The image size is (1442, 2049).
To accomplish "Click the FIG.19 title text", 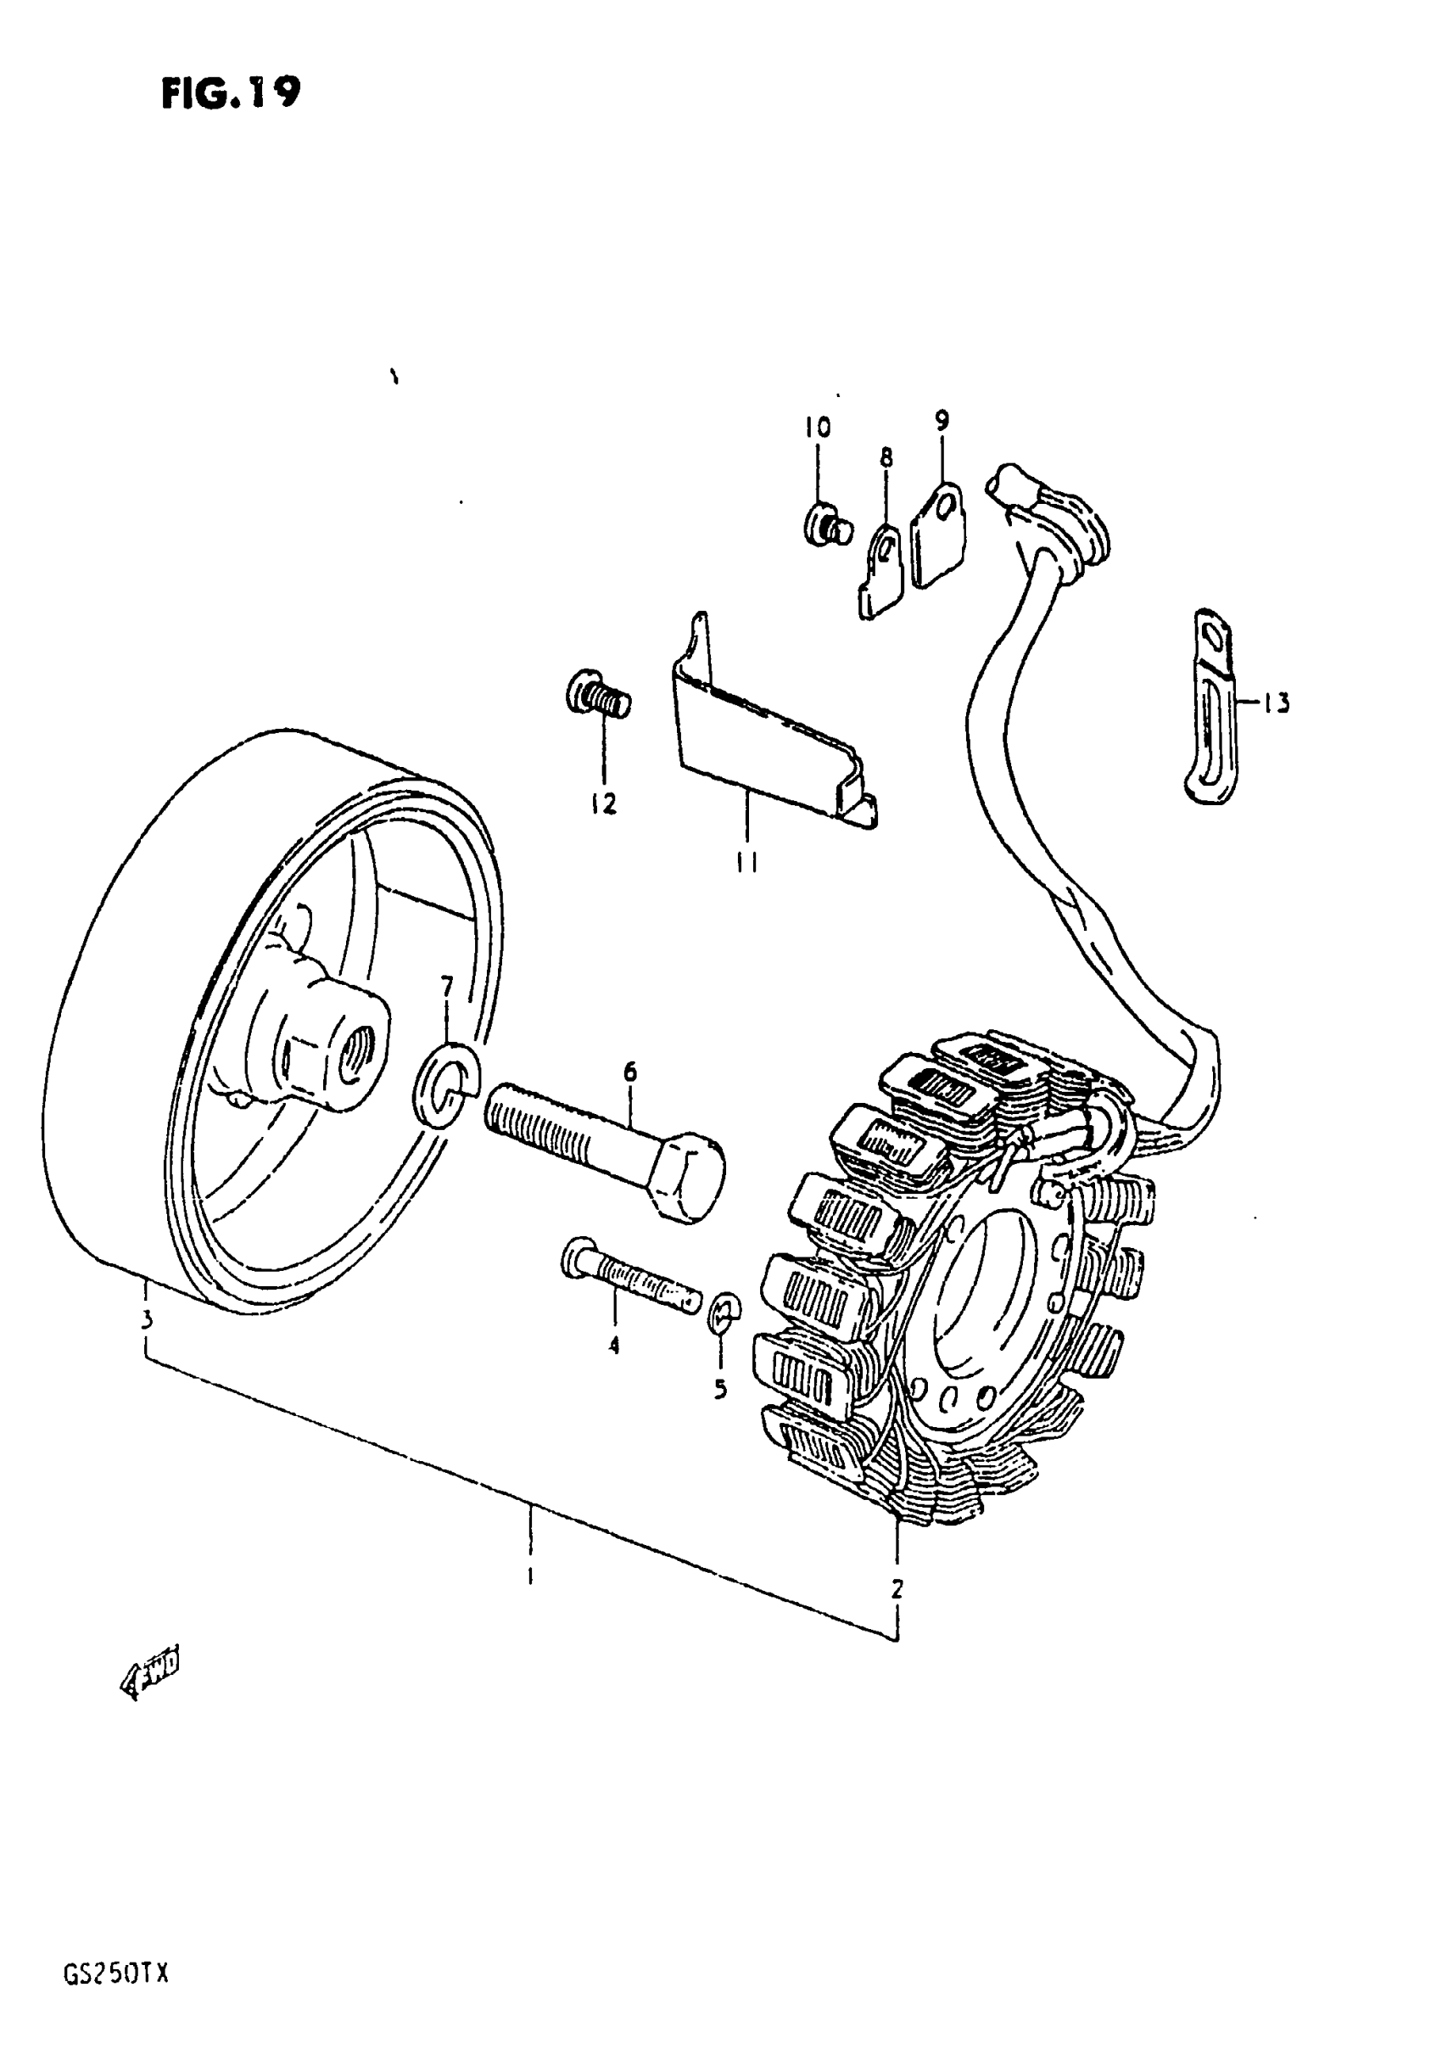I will pyautogui.click(x=231, y=92).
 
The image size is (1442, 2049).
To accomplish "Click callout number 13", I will pyautogui.click(x=1277, y=704).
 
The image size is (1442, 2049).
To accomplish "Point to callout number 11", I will pyautogui.click(x=747, y=862).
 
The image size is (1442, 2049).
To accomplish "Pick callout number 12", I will pyautogui.click(x=603, y=804).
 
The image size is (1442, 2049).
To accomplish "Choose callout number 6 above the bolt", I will pyautogui.click(x=630, y=1072).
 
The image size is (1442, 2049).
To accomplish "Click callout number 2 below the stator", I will pyautogui.click(x=897, y=1589).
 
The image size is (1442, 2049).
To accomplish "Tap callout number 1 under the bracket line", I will pyautogui.click(x=530, y=1576).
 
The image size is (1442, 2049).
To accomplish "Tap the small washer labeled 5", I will pyautogui.click(x=724, y=1311).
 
